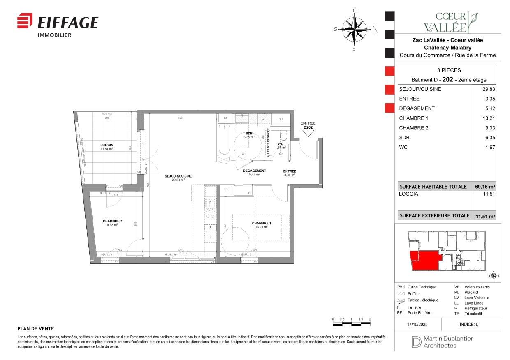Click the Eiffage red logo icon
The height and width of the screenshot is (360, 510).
click(25, 21)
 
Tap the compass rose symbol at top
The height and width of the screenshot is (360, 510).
click(355, 29)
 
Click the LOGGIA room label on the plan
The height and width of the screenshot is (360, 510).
click(107, 145)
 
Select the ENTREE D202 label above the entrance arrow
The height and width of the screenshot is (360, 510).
click(308, 125)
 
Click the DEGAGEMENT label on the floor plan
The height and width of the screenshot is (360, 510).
click(254, 171)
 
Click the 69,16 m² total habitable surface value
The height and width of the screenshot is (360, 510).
click(485, 187)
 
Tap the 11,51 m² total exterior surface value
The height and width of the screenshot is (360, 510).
click(485, 216)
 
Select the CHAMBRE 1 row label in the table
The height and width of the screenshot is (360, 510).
click(414, 118)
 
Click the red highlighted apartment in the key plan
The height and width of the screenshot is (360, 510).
click(424, 260)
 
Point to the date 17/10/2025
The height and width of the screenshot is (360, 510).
click(417, 324)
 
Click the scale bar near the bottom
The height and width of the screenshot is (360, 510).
click(351, 324)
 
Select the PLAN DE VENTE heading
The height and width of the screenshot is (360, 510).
click(36, 329)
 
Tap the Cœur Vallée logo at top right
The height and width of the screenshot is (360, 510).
click(451, 22)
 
